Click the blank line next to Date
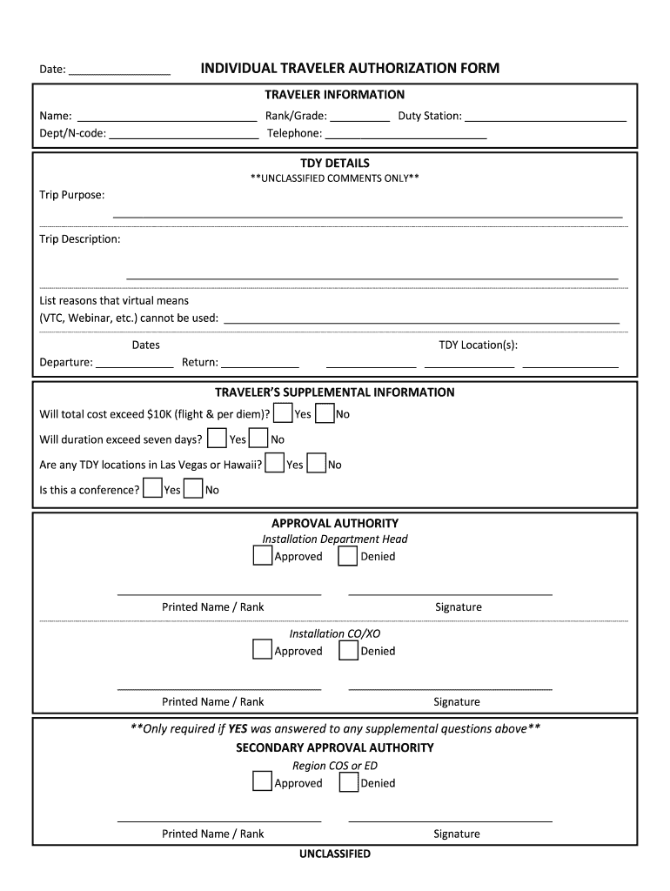119,70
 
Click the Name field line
166,117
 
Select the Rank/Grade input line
360,117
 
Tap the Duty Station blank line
546,117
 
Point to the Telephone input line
405,134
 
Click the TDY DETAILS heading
335,163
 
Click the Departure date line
134,363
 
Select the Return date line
260,363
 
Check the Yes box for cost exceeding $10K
282,413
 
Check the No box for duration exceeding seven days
259,439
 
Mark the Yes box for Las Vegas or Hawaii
275,464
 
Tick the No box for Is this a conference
193,489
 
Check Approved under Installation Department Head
263,556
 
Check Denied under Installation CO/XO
348,651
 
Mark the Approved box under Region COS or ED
263,782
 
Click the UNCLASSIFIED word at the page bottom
335,854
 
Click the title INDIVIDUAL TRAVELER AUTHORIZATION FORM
350,69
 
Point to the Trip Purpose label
72,195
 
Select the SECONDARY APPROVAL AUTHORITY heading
335,747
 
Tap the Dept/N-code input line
184,134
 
